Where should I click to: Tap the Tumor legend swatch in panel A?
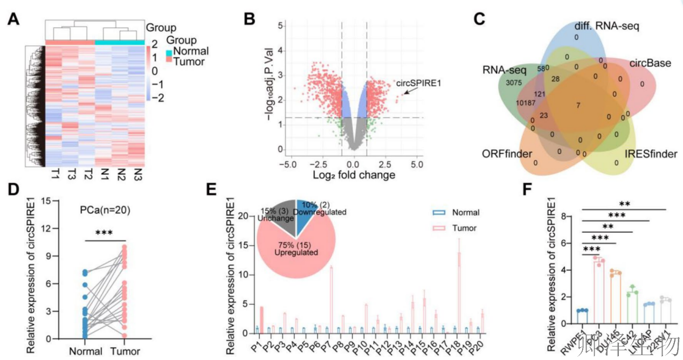tap(169, 62)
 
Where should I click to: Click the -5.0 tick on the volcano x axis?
tap(292, 163)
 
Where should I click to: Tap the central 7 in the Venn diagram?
tap(578, 105)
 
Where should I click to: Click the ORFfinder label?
tap(506, 154)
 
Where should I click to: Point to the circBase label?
tap(650, 63)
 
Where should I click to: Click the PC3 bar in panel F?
tap(596, 292)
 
